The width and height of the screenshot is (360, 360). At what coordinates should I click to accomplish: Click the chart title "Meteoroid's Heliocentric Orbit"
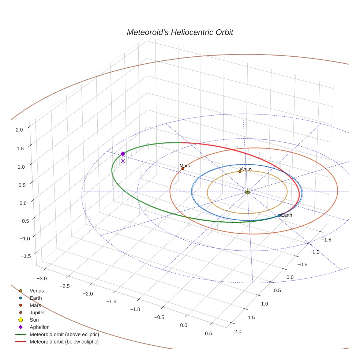point(180,32)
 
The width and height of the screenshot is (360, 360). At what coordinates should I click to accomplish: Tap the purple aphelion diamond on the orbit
point(123,154)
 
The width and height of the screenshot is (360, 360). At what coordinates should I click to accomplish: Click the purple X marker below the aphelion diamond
point(123,161)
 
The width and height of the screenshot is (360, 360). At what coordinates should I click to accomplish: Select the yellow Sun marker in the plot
point(247,192)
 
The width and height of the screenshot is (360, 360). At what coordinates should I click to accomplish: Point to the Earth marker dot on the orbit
point(280,215)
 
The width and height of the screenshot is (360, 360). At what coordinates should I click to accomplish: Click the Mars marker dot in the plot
point(183,168)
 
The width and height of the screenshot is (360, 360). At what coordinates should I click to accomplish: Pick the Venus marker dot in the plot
point(240,171)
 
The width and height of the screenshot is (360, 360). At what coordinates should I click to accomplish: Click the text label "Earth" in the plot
point(286,215)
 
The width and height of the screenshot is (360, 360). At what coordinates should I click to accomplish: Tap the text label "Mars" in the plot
point(185,166)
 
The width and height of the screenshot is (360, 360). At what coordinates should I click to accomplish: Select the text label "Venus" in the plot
point(246,169)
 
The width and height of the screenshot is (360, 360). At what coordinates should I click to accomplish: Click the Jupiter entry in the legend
point(37,312)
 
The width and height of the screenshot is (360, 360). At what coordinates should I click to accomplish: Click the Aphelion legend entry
point(39,327)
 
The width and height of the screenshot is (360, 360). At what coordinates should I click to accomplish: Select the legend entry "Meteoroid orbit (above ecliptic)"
point(64,334)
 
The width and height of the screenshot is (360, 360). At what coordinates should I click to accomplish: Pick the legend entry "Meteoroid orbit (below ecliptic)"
point(64,342)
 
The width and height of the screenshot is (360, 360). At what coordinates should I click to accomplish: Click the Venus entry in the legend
point(37,290)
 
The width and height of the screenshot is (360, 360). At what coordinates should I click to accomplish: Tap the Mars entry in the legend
point(35,305)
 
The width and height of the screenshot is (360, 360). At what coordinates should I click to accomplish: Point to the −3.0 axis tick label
point(41,279)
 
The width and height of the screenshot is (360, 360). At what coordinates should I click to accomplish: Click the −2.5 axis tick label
point(64,286)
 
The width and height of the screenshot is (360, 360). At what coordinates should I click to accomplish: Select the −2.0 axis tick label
point(88,293)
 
